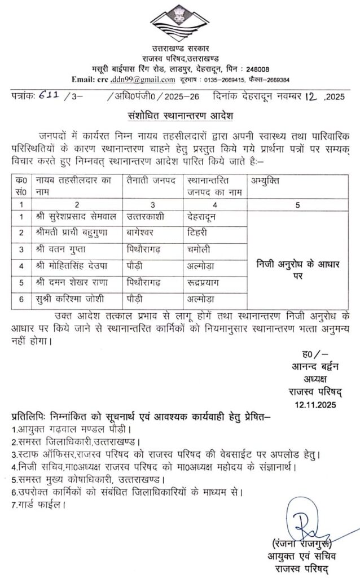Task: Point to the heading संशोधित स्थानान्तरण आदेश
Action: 180,116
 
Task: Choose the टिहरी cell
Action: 198,232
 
